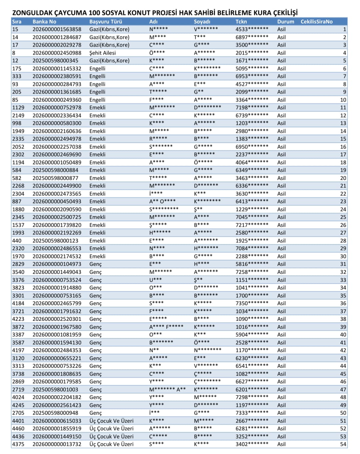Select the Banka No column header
click(x=44, y=22)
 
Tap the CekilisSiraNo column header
click(x=316, y=22)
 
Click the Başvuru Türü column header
click(x=106, y=22)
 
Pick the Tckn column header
click(x=241, y=22)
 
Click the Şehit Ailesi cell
click(x=102, y=53)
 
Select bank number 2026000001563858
click(x=57, y=29)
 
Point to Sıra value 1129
click(x=18, y=108)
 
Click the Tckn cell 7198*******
click(x=252, y=108)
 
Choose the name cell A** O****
click(x=162, y=202)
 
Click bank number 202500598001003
click(x=55, y=389)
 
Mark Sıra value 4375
click(x=18, y=444)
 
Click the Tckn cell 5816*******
click(x=252, y=264)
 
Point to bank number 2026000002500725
click(x=57, y=217)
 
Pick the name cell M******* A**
click(x=167, y=389)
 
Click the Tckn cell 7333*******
click(x=252, y=413)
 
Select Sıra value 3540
click(x=18, y=272)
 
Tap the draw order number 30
click(x=343, y=256)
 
